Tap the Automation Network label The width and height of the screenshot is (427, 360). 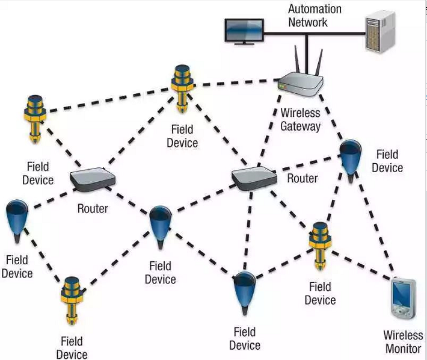click(315, 16)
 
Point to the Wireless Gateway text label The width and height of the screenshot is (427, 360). click(300, 119)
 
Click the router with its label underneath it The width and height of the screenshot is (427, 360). click(92, 179)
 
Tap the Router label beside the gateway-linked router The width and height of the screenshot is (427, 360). click(302, 178)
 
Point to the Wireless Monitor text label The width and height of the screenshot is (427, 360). click(404, 341)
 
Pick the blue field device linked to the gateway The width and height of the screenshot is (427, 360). click(349, 157)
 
